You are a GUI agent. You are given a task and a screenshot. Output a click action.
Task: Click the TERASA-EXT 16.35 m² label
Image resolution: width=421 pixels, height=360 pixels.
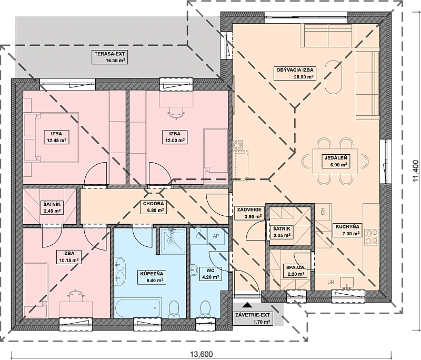point(109,57)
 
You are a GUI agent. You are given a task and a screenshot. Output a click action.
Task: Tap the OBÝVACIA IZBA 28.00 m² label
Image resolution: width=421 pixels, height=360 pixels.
point(295,73)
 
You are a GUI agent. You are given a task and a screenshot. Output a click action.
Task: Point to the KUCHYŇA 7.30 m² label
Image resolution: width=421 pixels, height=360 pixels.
point(347,230)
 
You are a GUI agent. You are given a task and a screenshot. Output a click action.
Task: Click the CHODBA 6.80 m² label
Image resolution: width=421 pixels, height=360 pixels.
point(153,207)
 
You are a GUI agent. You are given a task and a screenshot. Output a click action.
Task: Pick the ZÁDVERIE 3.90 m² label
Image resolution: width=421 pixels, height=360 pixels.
point(249,213)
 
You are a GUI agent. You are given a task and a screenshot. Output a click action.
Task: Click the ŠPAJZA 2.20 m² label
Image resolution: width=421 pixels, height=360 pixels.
point(295,271)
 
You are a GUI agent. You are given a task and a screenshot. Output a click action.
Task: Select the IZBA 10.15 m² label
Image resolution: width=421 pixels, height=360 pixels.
point(69,257)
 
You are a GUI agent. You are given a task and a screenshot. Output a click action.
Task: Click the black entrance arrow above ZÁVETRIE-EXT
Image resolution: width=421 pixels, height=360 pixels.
point(247,305)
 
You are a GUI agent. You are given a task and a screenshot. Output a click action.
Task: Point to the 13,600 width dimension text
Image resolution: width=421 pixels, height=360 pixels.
point(202,354)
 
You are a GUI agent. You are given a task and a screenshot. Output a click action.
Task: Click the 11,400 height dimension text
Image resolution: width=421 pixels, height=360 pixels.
point(416,172)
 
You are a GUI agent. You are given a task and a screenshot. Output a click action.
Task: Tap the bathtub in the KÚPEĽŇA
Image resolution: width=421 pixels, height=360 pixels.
point(138,307)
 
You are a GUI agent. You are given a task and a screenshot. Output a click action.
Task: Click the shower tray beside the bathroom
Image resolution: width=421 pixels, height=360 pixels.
point(172,241)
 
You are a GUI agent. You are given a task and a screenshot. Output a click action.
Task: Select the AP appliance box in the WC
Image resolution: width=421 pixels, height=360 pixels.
point(216,236)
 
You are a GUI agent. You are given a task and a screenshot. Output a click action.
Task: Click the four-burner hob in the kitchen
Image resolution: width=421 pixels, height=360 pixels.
point(372,237)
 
